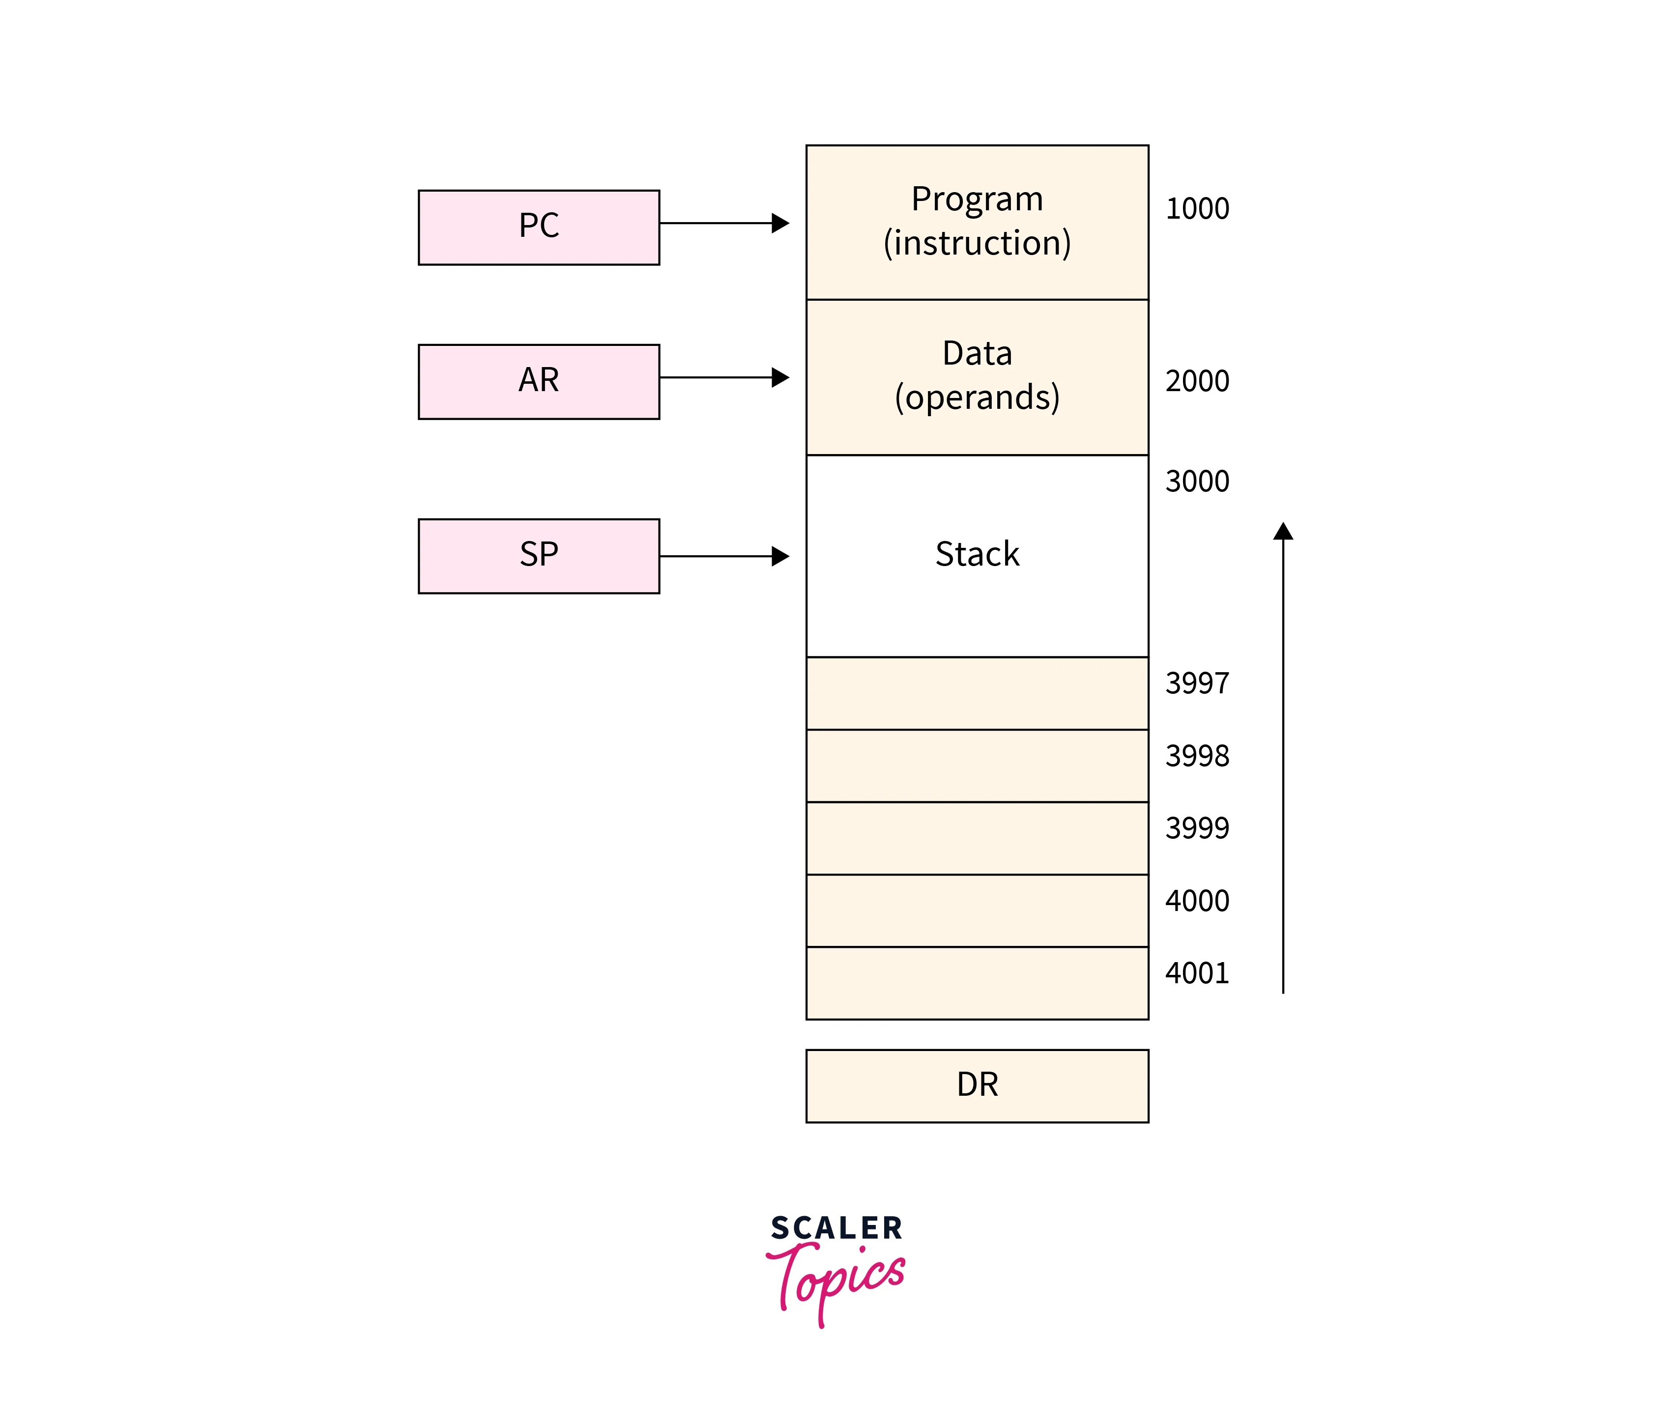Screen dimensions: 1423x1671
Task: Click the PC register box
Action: click(x=539, y=228)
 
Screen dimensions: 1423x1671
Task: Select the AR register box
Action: click(x=539, y=381)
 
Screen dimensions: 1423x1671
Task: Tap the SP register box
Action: click(x=539, y=556)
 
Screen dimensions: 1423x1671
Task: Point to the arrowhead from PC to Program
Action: click(x=780, y=223)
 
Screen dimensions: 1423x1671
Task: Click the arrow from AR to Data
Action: click(x=722, y=377)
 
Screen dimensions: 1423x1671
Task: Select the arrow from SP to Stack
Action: click(x=722, y=556)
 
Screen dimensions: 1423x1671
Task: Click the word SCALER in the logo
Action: click(x=836, y=1228)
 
